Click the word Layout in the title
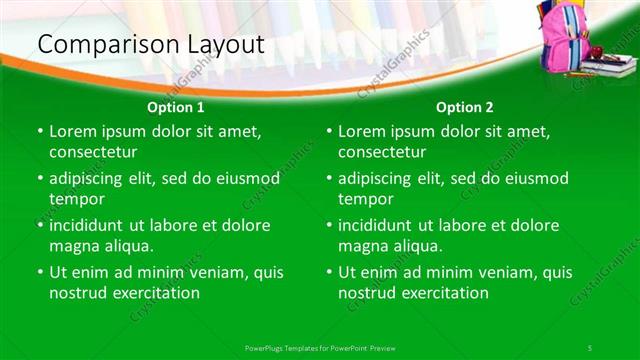click(222, 45)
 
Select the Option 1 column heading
click(176, 107)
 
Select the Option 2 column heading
click(465, 107)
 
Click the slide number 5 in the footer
click(591, 346)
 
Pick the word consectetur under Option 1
click(93, 152)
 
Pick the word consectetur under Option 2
click(382, 152)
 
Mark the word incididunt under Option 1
click(90, 225)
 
